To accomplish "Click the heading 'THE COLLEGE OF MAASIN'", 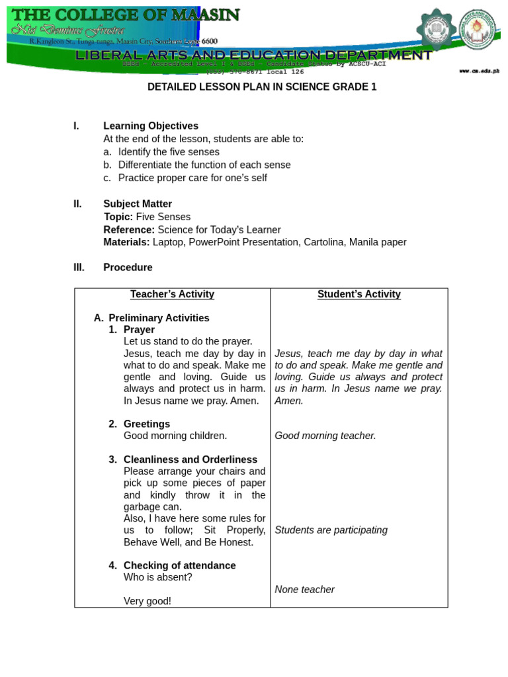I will tap(126, 15).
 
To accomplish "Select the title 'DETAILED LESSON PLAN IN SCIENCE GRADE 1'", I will tap(262, 87).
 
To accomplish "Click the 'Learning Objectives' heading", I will tap(151, 126).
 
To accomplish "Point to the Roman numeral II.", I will tap(77, 204).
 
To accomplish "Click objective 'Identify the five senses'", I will tap(169, 152).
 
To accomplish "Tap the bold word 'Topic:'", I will tap(118, 217).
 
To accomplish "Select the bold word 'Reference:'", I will tap(129, 229).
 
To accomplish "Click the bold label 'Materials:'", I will tap(127, 242).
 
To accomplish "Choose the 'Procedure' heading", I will tap(128, 267).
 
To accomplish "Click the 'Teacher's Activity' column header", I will tap(172, 294).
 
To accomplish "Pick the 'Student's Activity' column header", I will tap(359, 294).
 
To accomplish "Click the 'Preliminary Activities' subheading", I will tap(159, 318).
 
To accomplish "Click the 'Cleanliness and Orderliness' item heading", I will tap(190, 459).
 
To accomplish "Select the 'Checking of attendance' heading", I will tap(179, 565).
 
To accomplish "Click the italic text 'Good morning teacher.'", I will tap(325, 436).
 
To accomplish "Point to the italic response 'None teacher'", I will tap(305, 589).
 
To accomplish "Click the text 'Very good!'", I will tap(148, 601).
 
